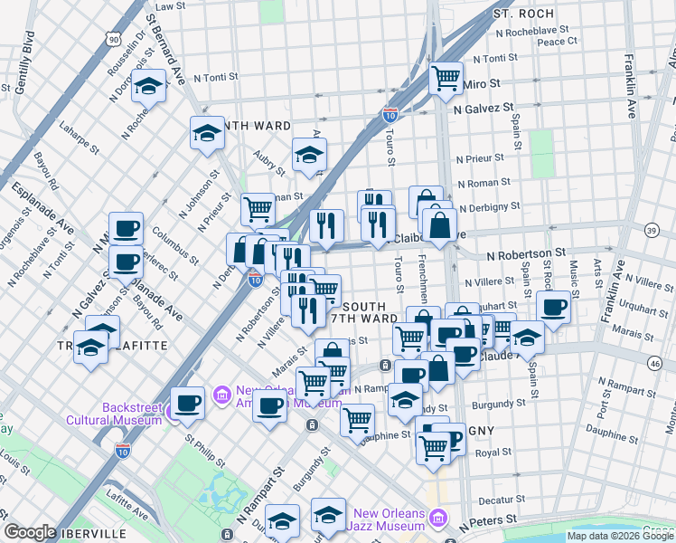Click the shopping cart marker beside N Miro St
pyautogui.click(x=446, y=79)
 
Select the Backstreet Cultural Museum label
pyautogui.click(x=116, y=414)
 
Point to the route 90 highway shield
pyautogui.click(x=111, y=39)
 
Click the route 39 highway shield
pyautogui.click(x=652, y=233)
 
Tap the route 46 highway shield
pyautogui.click(x=653, y=363)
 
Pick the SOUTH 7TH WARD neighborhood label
pyautogui.click(x=365, y=313)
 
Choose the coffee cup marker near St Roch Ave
pyautogui.click(x=553, y=306)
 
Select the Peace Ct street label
pyautogui.click(x=557, y=42)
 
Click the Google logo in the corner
pyautogui.click(x=30, y=532)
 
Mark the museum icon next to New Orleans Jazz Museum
pyautogui.click(x=438, y=519)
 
